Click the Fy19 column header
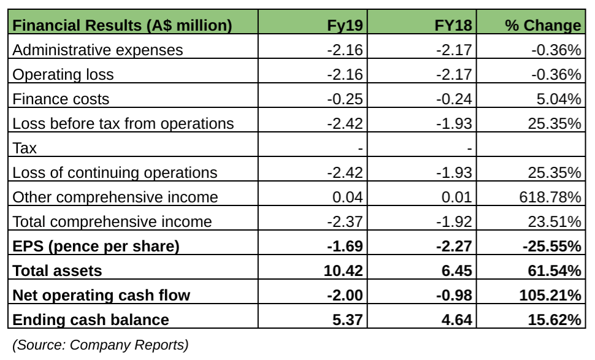coord(346,26)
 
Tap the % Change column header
coord(543,26)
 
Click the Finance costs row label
coord(61,99)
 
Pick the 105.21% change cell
coord(546,296)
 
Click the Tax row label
coord(25,148)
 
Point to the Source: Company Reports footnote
coord(100,345)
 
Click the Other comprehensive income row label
coord(115,197)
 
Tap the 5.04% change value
coord(556,99)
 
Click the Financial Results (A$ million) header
coord(122,26)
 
